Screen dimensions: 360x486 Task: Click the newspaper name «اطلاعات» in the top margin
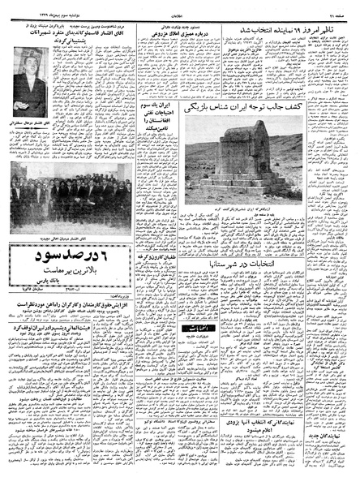click(180, 6)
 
